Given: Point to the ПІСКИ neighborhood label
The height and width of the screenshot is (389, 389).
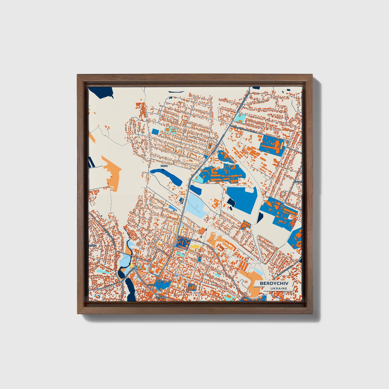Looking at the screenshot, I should click(x=164, y=166).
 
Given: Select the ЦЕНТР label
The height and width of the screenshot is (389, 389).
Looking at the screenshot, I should click(x=152, y=285).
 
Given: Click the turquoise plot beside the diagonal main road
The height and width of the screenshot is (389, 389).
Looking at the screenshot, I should click(x=240, y=117).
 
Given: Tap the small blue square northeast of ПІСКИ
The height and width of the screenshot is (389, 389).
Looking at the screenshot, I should click(x=155, y=132).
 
